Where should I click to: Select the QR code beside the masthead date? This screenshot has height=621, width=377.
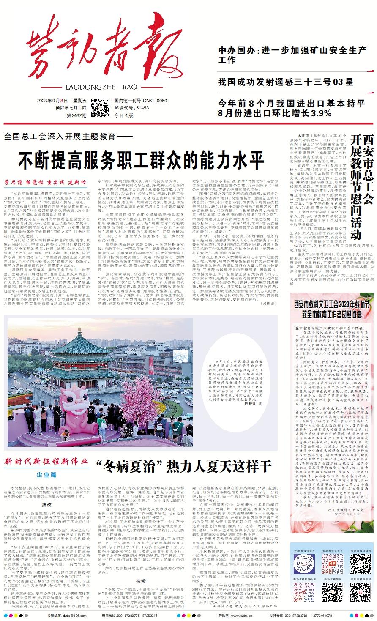point(100,108)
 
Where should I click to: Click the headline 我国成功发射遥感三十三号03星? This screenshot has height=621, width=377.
point(286,82)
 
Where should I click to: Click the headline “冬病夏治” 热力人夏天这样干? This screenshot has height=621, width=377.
point(183,466)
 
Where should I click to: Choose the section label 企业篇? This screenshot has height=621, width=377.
point(46,474)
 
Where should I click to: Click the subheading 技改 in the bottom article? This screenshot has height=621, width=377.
point(46,505)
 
